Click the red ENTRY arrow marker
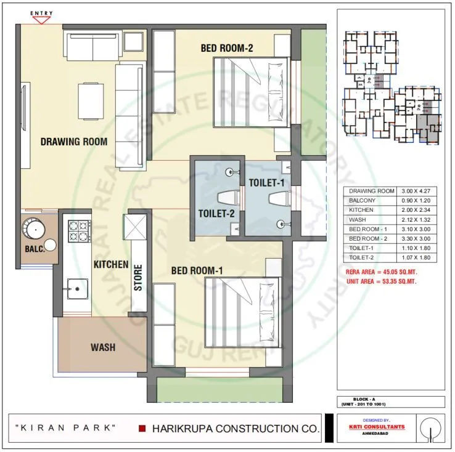click(41, 19)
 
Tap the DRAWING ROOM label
click(73, 142)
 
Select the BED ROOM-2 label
click(227, 48)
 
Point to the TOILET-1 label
click(266, 182)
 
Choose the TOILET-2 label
click(215, 213)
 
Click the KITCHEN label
click(111, 264)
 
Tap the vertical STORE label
click(138, 277)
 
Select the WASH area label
click(103, 347)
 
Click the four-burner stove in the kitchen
click(79, 231)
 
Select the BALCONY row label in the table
click(363, 201)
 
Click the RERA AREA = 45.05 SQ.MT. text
click(385, 272)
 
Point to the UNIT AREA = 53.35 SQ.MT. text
click(385, 281)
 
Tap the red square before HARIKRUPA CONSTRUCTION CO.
click(142, 428)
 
